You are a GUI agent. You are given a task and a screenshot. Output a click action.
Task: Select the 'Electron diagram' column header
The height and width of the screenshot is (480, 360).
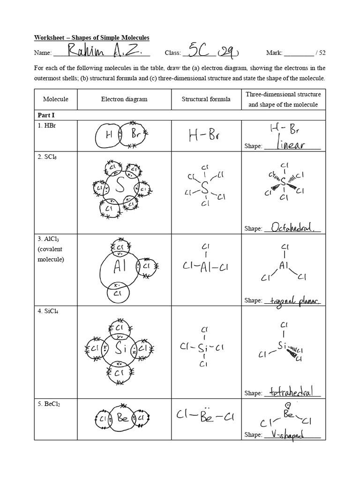(x=124, y=99)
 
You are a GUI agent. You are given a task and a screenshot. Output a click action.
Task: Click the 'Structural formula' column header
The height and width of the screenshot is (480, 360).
(x=206, y=99)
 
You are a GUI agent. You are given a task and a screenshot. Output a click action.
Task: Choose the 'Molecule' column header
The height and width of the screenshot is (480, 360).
(x=56, y=99)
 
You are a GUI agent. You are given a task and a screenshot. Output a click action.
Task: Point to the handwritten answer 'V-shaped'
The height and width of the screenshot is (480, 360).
(x=287, y=434)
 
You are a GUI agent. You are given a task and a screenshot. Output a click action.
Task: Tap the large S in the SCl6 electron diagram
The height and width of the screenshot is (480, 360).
(x=120, y=187)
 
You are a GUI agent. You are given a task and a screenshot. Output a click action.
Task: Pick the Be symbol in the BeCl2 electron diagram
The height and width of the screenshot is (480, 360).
(x=123, y=418)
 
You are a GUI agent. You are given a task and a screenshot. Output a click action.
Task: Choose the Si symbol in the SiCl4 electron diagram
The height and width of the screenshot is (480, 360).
(x=120, y=348)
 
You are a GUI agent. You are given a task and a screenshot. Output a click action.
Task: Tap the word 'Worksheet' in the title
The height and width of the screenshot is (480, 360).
(x=50, y=37)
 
